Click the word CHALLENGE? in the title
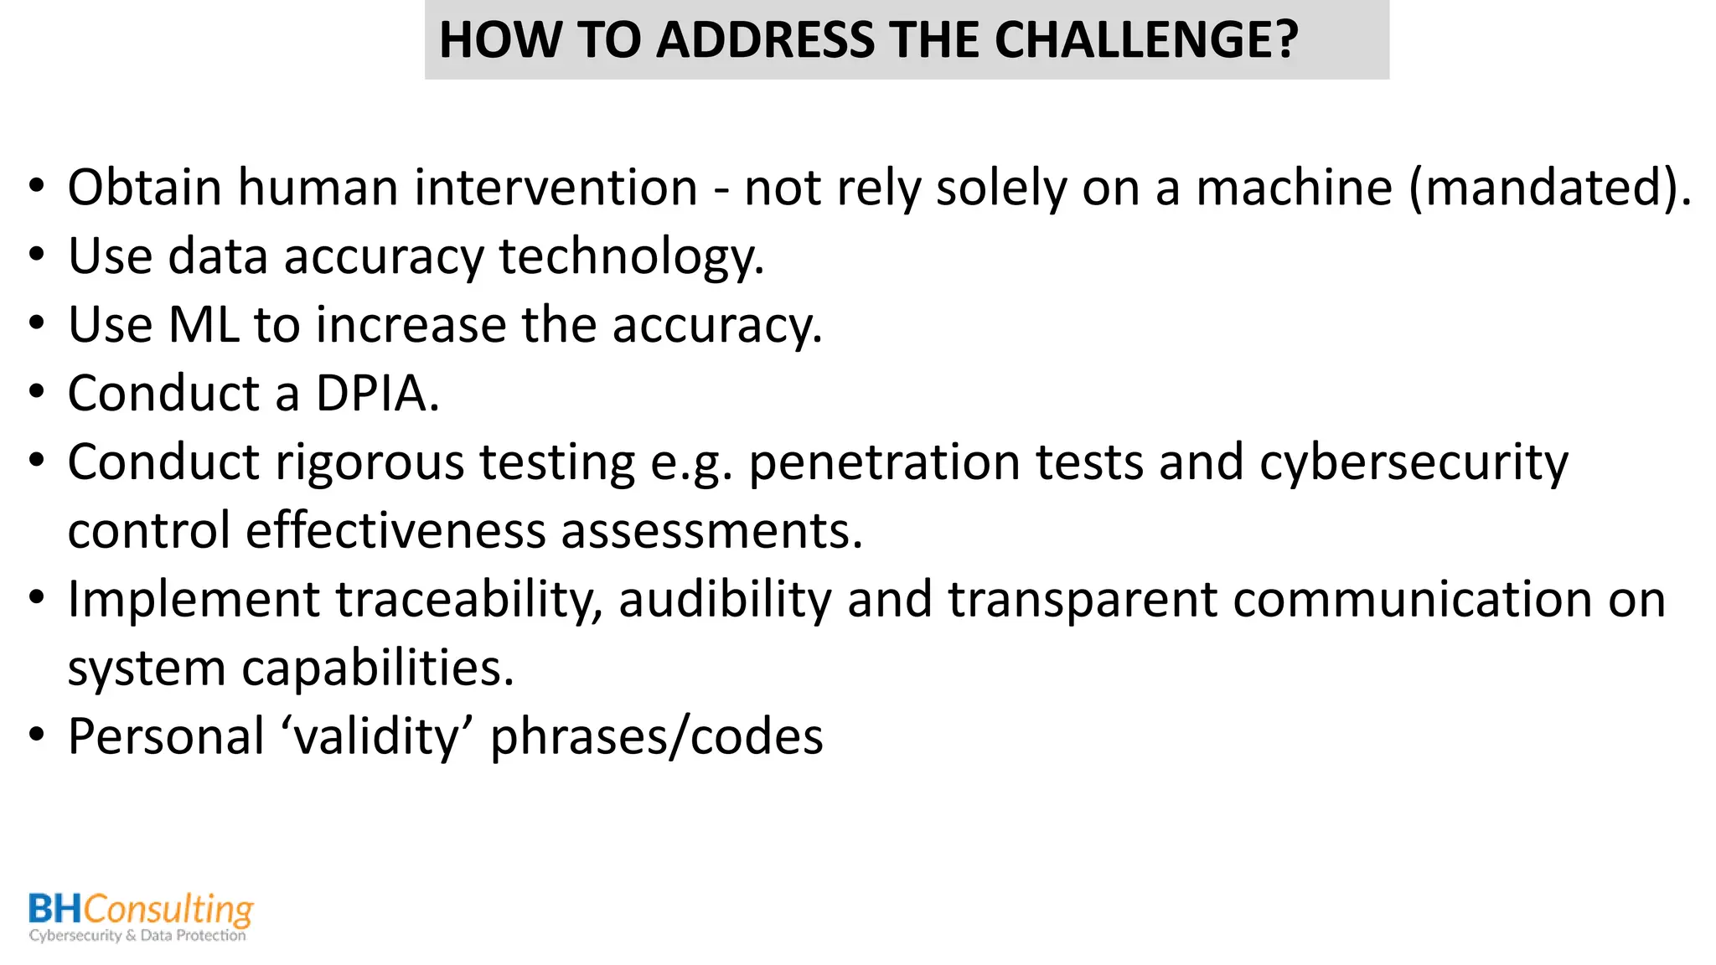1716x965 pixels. pyautogui.click(x=1145, y=40)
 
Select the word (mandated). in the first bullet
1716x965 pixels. pyautogui.click(x=1550, y=187)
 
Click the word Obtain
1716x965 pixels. pyautogui.click(x=144, y=187)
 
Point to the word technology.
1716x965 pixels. pyautogui.click(x=631, y=256)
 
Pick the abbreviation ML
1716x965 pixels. pyautogui.click(x=204, y=325)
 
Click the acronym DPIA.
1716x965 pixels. pyautogui.click(x=377, y=394)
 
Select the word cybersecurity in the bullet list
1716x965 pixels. pyautogui.click(x=1414, y=462)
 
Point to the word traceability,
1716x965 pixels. pyautogui.click(x=469, y=600)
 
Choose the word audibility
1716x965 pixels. pyautogui.click(x=725, y=600)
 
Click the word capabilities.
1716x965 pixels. pyautogui.click(x=377, y=668)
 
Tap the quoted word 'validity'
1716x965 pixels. pyautogui.click(x=377, y=737)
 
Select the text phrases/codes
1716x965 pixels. pyautogui.click(x=656, y=737)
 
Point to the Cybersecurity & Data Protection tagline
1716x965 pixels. pyautogui.click(x=137, y=936)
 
